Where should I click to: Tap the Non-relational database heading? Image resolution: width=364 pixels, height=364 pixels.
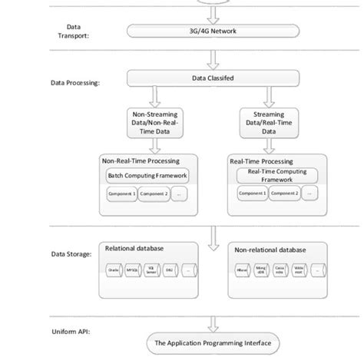click(266, 250)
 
